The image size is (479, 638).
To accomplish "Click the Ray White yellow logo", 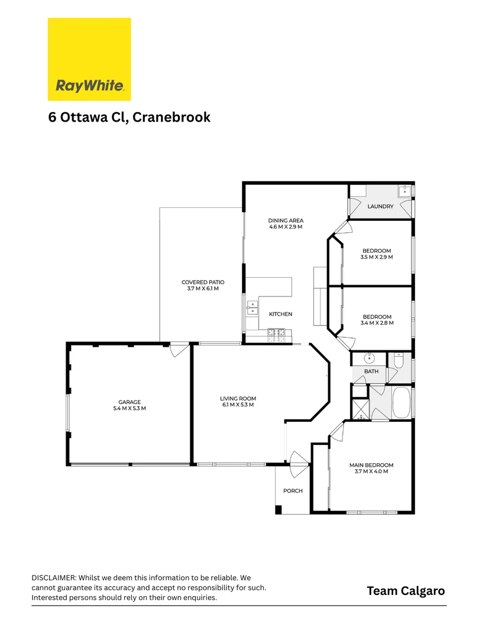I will point(89,58).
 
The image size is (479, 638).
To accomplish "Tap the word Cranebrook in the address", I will point(171,117).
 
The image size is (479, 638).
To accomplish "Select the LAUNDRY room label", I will point(380,206).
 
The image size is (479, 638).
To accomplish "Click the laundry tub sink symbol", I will point(405,190).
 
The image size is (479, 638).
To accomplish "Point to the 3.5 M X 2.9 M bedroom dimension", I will point(376,257).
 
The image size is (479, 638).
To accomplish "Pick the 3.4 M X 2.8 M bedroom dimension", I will point(377,323).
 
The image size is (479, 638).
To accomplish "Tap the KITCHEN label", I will point(280,314).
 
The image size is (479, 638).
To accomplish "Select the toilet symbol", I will point(398,360).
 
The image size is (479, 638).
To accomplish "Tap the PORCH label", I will point(293,491).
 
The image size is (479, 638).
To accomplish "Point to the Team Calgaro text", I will point(405,591).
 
